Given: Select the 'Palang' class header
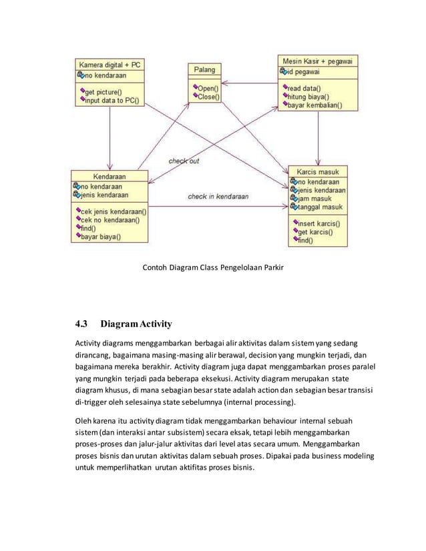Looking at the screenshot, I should click(x=204, y=69).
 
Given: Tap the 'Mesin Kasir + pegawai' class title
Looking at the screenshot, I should click(x=317, y=60).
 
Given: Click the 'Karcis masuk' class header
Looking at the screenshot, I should click(x=317, y=171).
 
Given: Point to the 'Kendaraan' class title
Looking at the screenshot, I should click(x=110, y=176).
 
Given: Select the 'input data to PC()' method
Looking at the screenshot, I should click(x=112, y=100).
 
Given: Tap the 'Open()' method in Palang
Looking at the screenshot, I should click(x=208, y=87).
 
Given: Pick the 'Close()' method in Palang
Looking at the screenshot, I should click(x=209, y=96).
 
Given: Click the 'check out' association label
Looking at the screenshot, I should click(x=183, y=161).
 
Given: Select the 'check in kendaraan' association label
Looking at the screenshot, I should click(x=218, y=197).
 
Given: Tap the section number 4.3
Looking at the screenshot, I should click(x=81, y=325).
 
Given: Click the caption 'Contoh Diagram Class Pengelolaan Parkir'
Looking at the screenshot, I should click(x=213, y=269).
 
